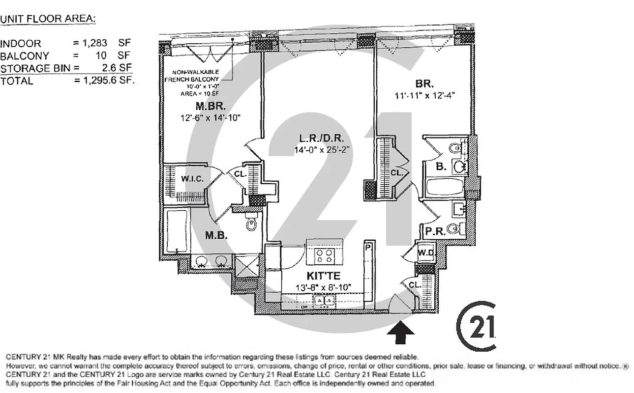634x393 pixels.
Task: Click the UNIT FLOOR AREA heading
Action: [x=48, y=19]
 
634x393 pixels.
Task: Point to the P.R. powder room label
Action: [x=435, y=230]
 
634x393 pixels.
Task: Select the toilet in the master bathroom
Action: [x=252, y=224]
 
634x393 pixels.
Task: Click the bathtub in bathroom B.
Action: [x=444, y=188]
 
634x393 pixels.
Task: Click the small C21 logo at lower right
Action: [x=477, y=326]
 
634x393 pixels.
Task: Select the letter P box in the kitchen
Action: [x=367, y=247]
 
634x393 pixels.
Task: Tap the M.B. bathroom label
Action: [x=215, y=235]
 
